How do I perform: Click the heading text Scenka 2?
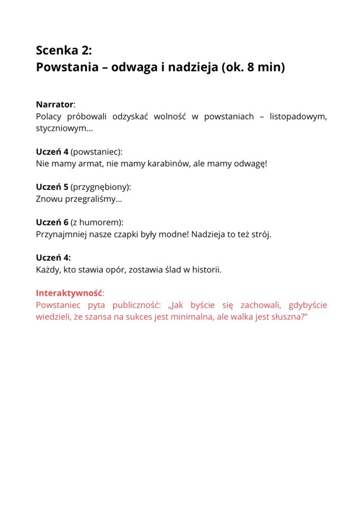click(x=63, y=50)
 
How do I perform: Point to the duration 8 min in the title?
click(x=263, y=67)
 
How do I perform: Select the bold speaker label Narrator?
click(x=55, y=105)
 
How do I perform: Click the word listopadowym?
click(x=298, y=117)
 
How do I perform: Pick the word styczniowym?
click(x=61, y=128)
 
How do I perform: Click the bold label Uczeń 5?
click(x=52, y=187)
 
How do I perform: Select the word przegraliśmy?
click(x=90, y=199)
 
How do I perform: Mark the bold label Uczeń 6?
click(x=52, y=222)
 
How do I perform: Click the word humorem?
click(x=101, y=222)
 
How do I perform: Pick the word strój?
click(x=260, y=234)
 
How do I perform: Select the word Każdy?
click(x=48, y=270)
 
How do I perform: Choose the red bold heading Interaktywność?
click(x=69, y=294)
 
